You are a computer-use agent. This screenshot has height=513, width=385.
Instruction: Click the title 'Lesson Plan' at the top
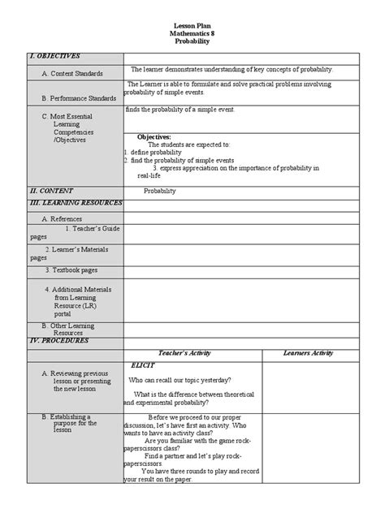tap(192, 27)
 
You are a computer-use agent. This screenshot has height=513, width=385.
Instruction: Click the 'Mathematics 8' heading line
tap(192, 34)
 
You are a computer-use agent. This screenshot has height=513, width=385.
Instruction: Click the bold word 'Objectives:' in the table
tap(154, 137)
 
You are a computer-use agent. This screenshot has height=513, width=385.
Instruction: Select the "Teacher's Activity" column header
tap(191, 353)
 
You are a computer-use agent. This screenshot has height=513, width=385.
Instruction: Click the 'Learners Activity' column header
tap(308, 353)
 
